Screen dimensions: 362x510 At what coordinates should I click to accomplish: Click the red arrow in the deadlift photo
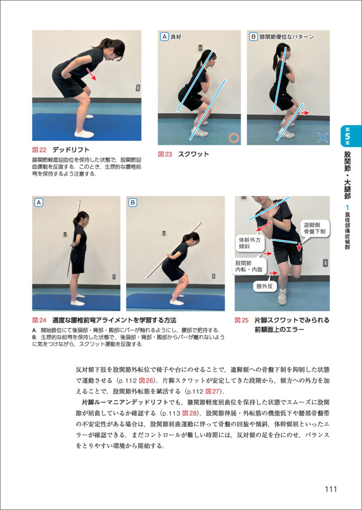[92, 74]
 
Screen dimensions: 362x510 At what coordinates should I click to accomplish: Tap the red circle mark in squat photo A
[233, 138]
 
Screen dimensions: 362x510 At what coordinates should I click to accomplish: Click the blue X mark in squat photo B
[322, 138]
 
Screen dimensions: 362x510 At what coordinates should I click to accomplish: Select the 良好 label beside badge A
[176, 37]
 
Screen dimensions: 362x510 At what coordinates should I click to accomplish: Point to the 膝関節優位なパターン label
[286, 37]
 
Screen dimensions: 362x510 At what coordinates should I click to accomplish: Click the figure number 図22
[40, 149]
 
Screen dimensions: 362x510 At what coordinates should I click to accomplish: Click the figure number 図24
[40, 320]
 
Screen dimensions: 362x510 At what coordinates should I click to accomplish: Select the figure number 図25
[242, 320]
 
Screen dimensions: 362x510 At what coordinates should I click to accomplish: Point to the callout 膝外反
[262, 286]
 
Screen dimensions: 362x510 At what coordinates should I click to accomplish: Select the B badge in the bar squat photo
[133, 203]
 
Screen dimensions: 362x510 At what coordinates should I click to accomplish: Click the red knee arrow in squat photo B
[304, 113]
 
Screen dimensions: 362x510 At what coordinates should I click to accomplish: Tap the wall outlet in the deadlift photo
[138, 88]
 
